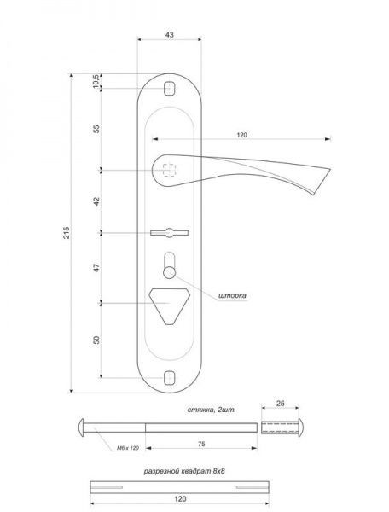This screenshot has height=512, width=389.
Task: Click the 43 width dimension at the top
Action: [x=170, y=35]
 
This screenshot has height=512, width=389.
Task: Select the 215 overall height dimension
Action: [x=67, y=232]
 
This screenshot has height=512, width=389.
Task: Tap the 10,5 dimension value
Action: [x=96, y=81]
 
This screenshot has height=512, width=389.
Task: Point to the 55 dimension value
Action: [x=96, y=129]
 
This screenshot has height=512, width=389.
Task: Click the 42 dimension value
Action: [x=96, y=201]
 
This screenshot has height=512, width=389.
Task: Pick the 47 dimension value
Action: [x=96, y=268]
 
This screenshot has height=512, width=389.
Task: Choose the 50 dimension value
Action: [x=96, y=340]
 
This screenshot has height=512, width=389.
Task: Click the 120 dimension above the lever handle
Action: [x=241, y=135]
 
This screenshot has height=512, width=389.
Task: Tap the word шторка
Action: [x=232, y=295]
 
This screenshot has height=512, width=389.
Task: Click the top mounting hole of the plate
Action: [x=170, y=88]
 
